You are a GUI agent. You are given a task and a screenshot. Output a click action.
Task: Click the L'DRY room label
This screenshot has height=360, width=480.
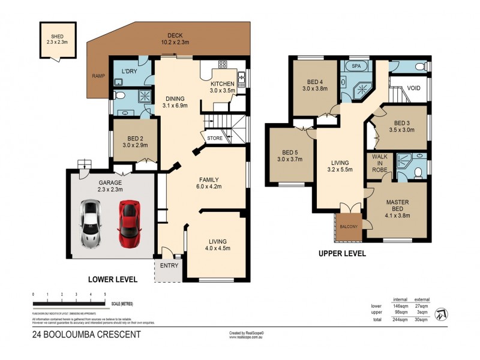point(130,71)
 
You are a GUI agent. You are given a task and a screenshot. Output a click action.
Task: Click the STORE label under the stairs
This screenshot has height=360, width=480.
point(215,139)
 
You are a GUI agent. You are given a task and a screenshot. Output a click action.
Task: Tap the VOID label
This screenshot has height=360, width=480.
point(413,87)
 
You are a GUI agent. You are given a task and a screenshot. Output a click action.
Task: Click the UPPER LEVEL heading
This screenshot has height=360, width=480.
point(342,253)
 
